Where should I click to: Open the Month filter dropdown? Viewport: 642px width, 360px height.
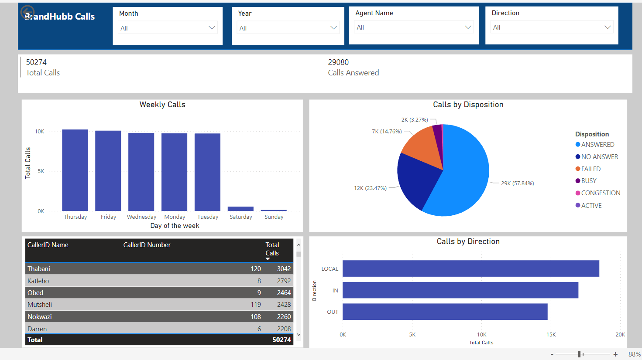pyautogui.click(x=168, y=28)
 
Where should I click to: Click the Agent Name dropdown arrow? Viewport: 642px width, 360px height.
pyautogui.click(x=468, y=27)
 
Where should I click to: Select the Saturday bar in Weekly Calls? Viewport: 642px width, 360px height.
pyautogui.click(x=240, y=209)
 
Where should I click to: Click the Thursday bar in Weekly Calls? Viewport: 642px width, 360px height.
pyautogui.click(x=75, y=170)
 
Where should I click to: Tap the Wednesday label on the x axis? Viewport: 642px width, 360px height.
pyautogui.click(x=141, y=217)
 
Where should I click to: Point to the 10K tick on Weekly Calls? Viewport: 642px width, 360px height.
pyautogui.click(x=40, y=132)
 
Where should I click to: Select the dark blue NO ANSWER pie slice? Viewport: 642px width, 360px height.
pyautogui.click(x=415, y=180)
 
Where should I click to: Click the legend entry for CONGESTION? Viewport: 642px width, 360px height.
pyautogui.click(x=601, y=193)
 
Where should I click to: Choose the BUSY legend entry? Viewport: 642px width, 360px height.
pyautogui.click(x=588, y=181)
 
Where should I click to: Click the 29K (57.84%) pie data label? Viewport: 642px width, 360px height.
pyautogui.click(x=517, y=183)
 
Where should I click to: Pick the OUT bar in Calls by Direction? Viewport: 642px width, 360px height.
pyautogui.click(x=445, y=312)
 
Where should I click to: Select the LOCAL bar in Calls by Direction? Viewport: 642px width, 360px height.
pyautogui.click(x=470, y=268)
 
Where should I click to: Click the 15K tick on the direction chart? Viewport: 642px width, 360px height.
pyautogui.click(x=551, y=335)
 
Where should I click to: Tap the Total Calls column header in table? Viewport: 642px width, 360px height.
pyautogui.click(x=272, y=249)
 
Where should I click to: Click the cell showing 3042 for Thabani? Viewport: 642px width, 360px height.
pyautogui.click(x=284, y=269)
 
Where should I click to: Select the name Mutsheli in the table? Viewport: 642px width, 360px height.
pyautogui.click(x=40, y=305)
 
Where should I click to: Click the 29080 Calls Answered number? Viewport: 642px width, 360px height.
pyautogui.click(x=338, y=62)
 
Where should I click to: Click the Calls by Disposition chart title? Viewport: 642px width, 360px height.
pyautogui.click(x=468, y=105)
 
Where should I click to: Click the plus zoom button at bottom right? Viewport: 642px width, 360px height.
pyautogui.click(x=615, y=354)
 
